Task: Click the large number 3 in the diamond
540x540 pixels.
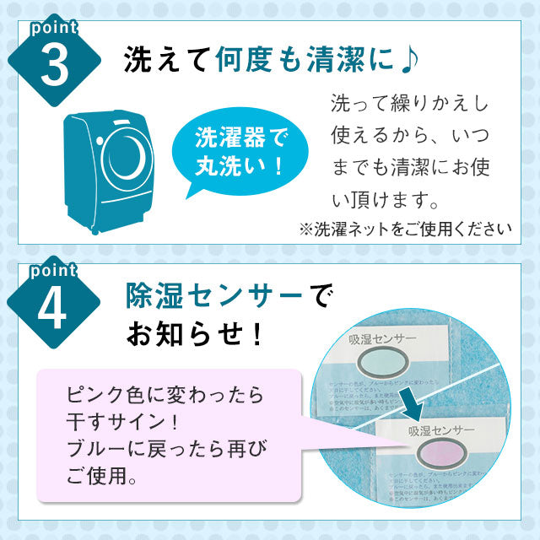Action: click(x=53, y=68)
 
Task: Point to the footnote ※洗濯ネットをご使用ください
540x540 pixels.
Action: click(x=404, y=228)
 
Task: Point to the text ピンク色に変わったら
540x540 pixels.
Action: click(x=164, y=394)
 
